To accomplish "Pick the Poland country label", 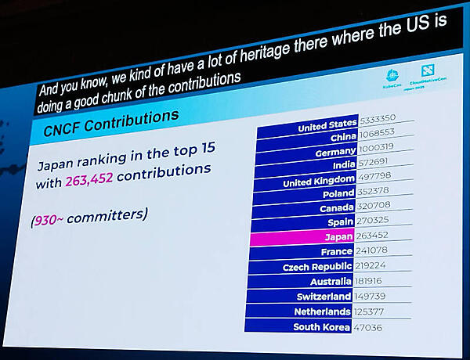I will click(x=338, y=196).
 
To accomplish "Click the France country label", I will click(x=337, y=253).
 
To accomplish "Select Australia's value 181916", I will click(x=372, y=281).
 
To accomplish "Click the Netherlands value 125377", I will click(x=372, y=311).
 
